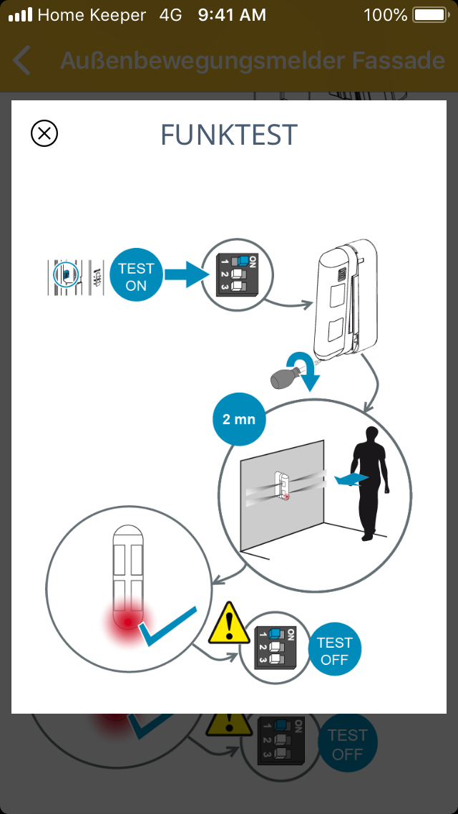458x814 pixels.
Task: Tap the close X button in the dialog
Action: point(44,133)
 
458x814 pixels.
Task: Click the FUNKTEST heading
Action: point(229,135)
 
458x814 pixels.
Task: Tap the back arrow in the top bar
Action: point(22,61)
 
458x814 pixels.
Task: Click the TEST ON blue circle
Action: point(136,277)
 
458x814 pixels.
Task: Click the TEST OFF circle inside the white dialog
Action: point(334,651)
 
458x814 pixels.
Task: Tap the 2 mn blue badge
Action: point(239,419)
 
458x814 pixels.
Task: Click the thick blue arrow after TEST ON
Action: point(185,274)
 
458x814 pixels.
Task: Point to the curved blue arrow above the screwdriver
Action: point(305,365)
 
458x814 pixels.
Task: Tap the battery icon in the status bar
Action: point(429,15)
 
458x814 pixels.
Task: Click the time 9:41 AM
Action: point(232,15)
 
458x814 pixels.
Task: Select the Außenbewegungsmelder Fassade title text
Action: point(252,61)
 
